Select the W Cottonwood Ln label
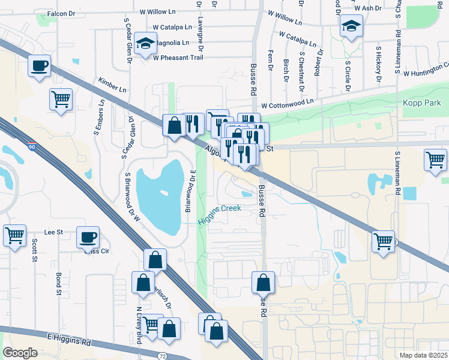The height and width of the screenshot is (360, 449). pos(288,103)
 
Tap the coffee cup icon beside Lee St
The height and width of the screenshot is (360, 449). pos(88,237)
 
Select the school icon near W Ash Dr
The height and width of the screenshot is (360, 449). pos(351,26)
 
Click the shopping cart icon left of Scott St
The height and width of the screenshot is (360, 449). pos(14,235)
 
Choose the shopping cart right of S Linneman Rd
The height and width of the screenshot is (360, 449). pos(435,160)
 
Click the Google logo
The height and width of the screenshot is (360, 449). pos(20,353)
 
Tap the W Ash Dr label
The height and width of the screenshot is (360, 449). pos(368,8)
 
